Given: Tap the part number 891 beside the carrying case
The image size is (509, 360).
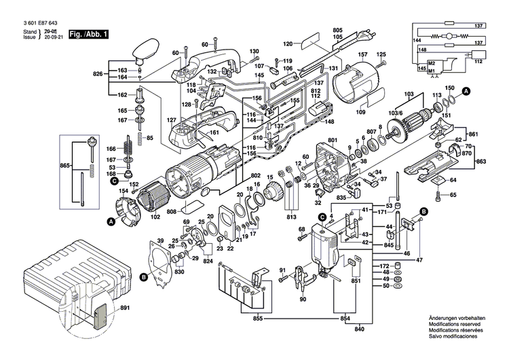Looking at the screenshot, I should (124, 308).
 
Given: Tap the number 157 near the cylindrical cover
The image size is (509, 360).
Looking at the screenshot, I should (363, 54).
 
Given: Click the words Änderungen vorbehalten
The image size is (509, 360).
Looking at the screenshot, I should (455, 319).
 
